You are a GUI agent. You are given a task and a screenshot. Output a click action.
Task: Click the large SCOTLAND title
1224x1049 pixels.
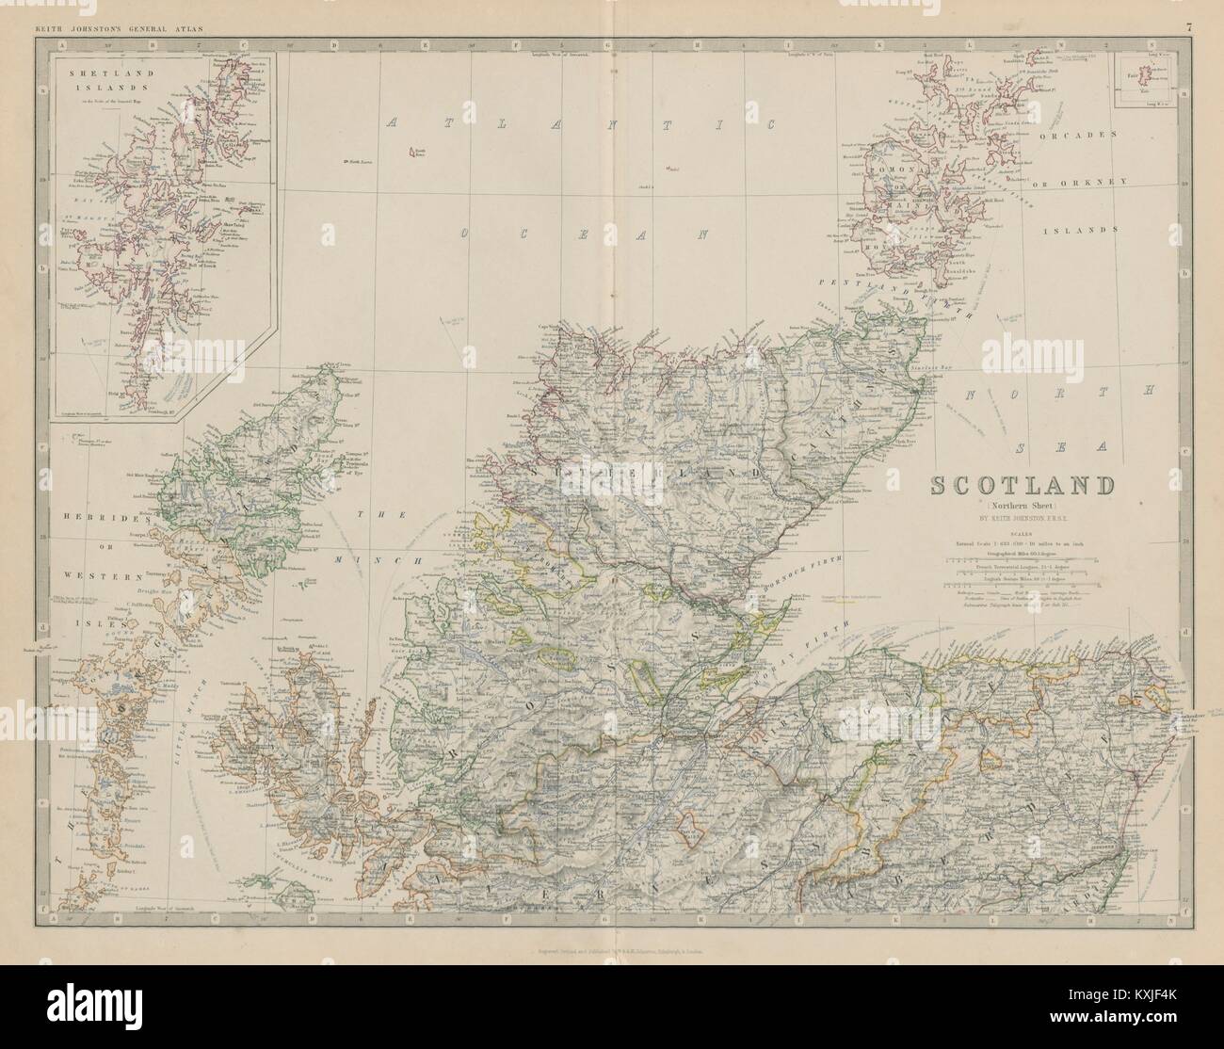1022,486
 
